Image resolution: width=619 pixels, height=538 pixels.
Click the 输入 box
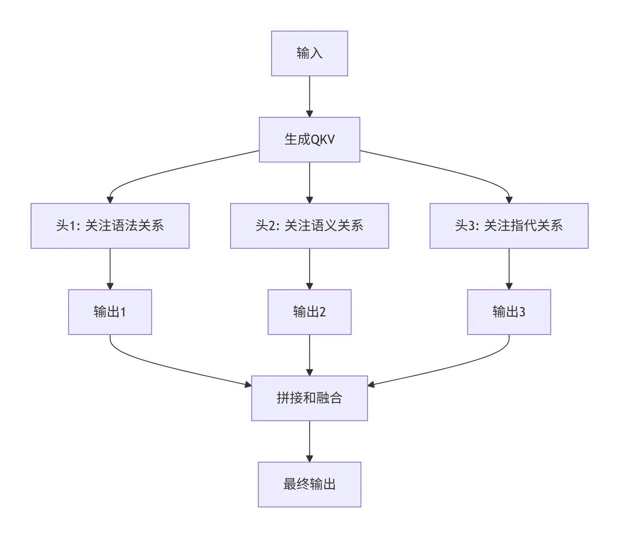point(309,54)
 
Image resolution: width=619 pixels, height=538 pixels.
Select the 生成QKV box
point(309,140)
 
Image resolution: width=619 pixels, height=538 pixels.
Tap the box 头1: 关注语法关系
point(110,226)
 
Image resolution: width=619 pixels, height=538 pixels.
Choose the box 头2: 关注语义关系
point(309,226)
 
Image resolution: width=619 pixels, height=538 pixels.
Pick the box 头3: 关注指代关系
point(509,226)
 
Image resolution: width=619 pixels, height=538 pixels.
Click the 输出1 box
point(110,312)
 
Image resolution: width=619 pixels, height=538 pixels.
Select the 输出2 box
point(309,312)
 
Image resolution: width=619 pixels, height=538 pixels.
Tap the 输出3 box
point(509,312)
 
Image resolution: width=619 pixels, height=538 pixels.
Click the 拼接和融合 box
point(309,398)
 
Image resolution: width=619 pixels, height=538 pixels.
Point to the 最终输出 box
point(309,484)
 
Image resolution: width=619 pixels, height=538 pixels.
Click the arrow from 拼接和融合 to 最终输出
point(309,441)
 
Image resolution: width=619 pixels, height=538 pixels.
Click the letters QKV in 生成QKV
point(323,140)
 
